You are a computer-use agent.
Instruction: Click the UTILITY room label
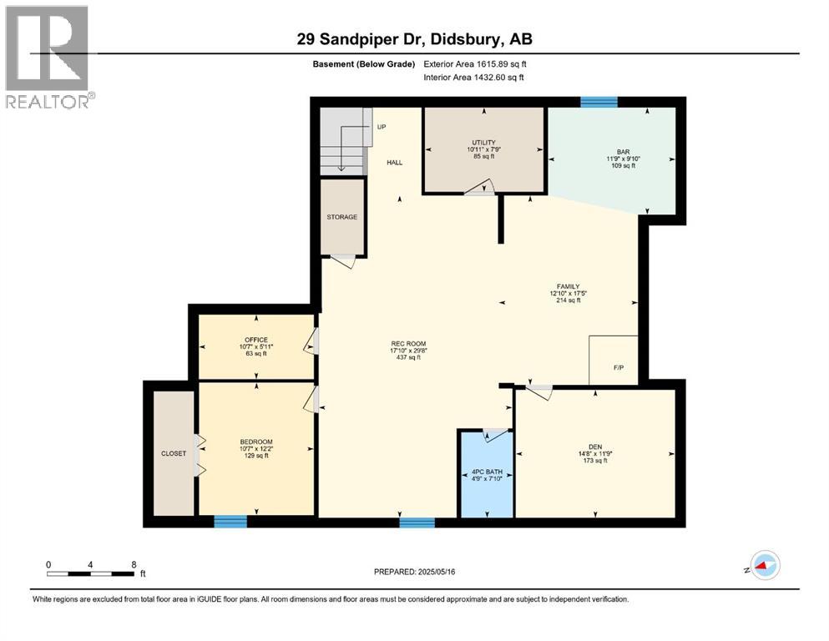click(x=484, y=142)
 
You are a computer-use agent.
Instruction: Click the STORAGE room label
click(x=342, y=217)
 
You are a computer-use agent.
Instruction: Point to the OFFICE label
click(x=256, y=340)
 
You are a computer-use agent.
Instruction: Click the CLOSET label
click(x=174, y=453)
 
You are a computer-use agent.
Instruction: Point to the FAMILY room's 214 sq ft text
click(x=565, y=300)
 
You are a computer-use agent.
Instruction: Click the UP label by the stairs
click(x=382, y=127)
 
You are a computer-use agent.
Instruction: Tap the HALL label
click(x=394, y=162)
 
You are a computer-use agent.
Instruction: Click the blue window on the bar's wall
click(x=599, y=102)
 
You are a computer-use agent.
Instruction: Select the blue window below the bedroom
click(x=230, y=522)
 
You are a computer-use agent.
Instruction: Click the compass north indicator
click(x=764, y=565)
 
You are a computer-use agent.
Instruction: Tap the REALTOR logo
click(x=48, y=58)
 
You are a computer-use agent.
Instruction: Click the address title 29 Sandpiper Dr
click(x=415, y=38)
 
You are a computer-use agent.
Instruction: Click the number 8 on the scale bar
click(x=134, y=563)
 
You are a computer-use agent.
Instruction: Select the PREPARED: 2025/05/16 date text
click(x=415, y=572)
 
